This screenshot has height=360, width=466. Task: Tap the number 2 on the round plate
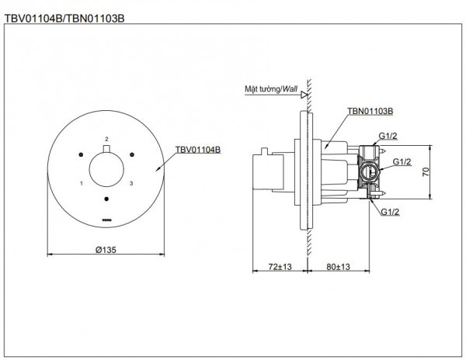106,139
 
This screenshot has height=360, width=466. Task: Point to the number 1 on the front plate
81,183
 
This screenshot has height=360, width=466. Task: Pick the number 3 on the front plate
132,183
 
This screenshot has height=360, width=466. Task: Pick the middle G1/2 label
402,162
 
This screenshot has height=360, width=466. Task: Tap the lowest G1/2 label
388,212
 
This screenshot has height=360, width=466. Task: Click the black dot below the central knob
106,200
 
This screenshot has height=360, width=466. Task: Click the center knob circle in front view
106,169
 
